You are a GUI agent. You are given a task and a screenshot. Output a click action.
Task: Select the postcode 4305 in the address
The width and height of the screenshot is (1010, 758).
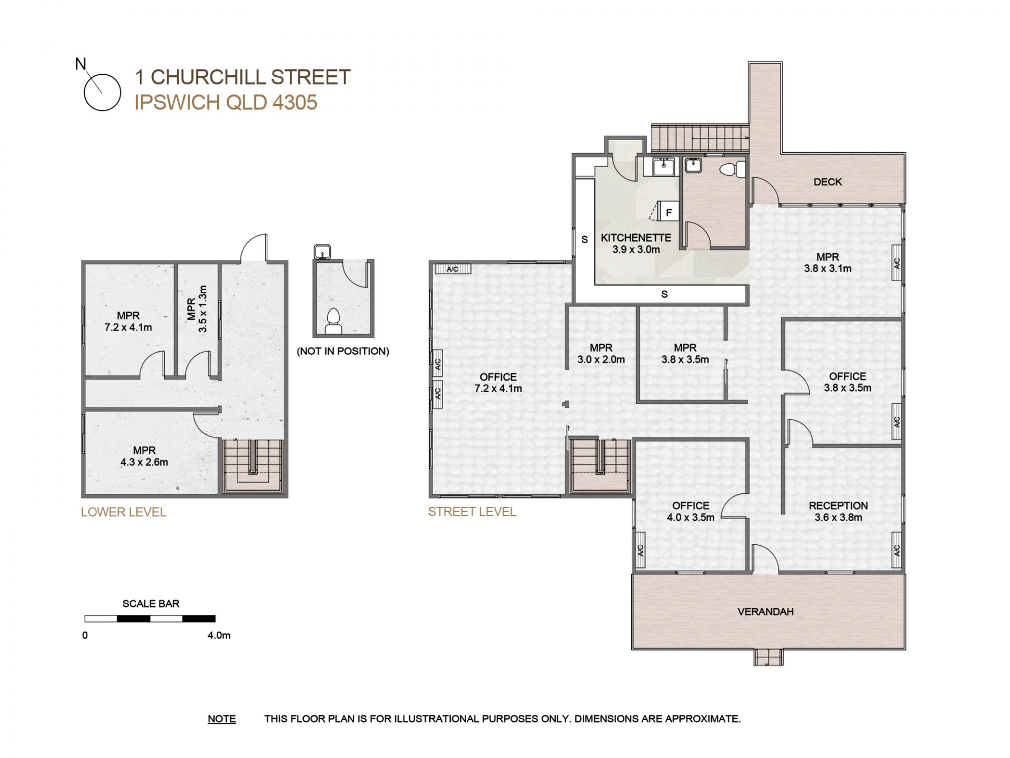coord(295,102)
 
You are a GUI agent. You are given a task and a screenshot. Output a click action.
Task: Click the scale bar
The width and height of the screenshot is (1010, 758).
coord(150,619)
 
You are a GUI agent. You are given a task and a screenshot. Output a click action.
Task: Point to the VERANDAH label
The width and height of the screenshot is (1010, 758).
coord(765,612)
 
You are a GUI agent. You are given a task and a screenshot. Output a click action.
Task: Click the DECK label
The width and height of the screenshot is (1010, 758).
coord(827,182)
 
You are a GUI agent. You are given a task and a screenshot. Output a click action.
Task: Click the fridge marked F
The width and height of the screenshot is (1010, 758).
coord(668,212)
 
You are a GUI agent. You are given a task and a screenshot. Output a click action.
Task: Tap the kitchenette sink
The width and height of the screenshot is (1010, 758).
coord(663,167)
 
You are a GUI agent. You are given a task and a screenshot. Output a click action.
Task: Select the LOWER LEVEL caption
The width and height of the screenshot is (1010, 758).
coord(124,512)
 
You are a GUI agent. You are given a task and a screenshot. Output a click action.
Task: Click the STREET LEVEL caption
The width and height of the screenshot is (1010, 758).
coord(472,512)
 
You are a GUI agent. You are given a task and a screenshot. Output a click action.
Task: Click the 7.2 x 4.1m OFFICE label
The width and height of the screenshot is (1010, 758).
coord(498,383)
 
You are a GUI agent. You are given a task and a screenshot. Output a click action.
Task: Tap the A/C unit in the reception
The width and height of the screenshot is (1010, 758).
coord(897,550)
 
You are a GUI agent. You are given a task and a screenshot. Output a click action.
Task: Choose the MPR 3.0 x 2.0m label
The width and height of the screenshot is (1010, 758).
coord(601,354)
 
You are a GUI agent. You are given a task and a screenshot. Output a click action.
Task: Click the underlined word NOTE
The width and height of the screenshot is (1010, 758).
coord(221,719)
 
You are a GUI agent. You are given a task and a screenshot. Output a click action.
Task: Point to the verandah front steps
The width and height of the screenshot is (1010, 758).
coord(769,657)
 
